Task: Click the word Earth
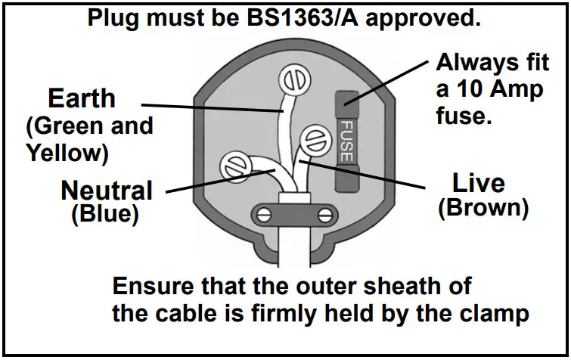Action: coord(82,98)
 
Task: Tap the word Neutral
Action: coord(107,190)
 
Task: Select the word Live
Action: coord(478,182)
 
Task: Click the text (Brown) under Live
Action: coord(483,208)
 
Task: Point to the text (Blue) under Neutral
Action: coord(105,214)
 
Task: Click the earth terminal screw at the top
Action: coord(292,79)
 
